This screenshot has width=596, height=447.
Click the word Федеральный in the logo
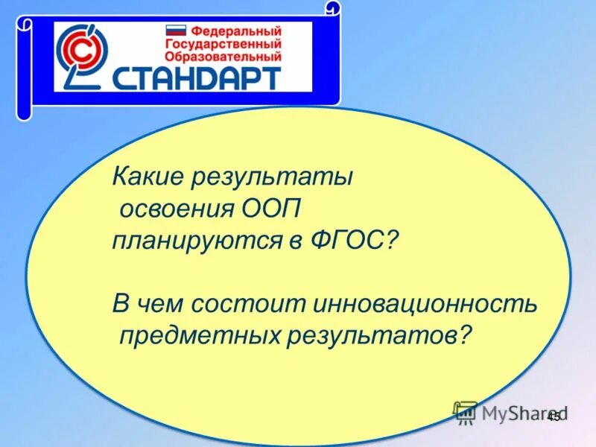pyautogui.click(x=235, y=31)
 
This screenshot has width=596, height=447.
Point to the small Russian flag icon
pyautogui.click(x=176, y=32)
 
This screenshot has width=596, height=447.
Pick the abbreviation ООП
pyautogui.click(x=271, y=209)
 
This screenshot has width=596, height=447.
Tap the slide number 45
pyautogui.click(x=553, y=419)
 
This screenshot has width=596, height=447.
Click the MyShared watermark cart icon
pyautogui.click(x=465, y=412)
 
